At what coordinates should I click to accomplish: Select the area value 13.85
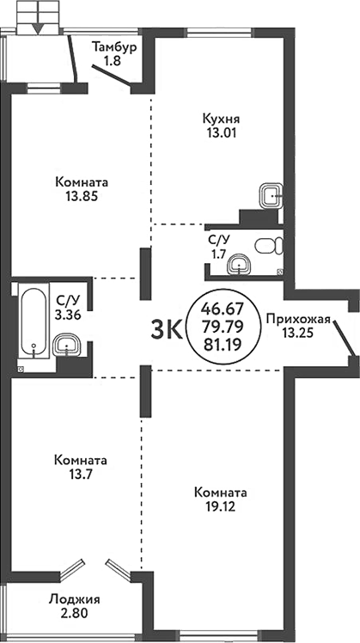click(x=80, y=197)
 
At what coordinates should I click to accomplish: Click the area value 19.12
click(x=221, y=507)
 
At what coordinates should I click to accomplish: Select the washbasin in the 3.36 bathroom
click(x=67, y=346)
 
